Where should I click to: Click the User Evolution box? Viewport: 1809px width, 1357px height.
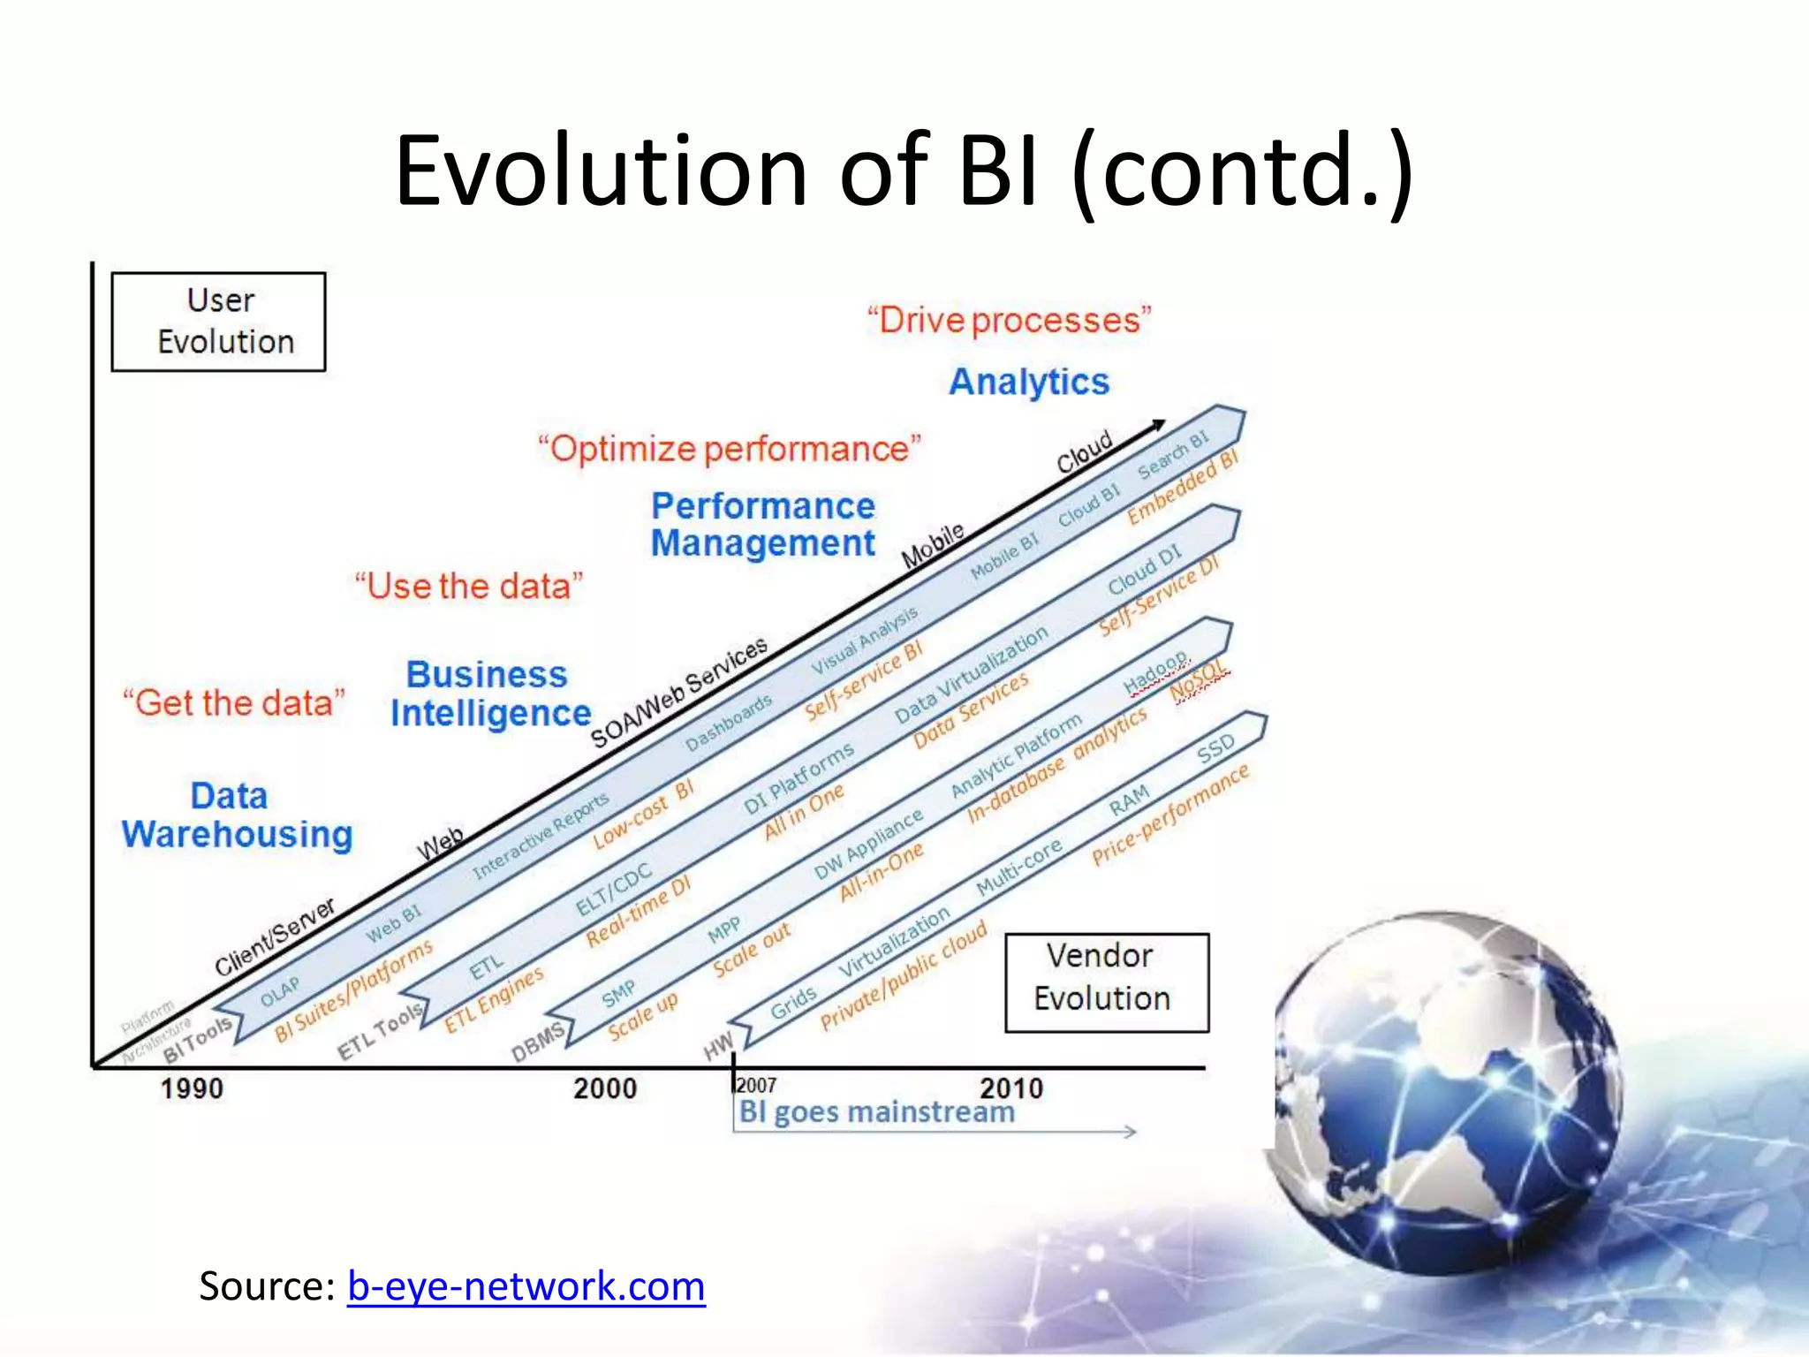pyautogui.click(x=218, y=322)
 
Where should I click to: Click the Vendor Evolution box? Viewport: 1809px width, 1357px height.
pyautogui.click(x=1107, y=982)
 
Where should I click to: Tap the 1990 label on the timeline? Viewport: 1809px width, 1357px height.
pyautogui.click(x=192, y=1088)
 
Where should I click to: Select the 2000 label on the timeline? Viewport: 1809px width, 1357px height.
pyautogui.click(x=605, y=1088)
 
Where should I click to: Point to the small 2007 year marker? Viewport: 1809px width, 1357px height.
pyautogui.click(x=757, y=1085)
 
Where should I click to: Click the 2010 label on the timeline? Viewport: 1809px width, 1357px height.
pyautogui.click(x=1011, y=1088)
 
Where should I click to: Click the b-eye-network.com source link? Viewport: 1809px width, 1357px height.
pyautogui.click(x=526, y=1285)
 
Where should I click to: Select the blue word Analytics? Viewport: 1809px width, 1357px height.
pyautogui.click(x=1029, y=382)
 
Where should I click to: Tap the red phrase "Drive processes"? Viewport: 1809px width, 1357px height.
pyautogui.click(x=1010, y=320)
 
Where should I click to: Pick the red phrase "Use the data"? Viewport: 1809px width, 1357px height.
pyautogui.click(x=469, y=587)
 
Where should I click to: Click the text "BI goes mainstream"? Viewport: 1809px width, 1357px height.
pyautogui.click(x=876, y=1111)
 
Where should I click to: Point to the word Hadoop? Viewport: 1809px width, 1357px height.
pyautogui.click(x=1155, y=673)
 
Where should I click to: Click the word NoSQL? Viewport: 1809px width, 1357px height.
pyautogui.click(x=1200, y=680)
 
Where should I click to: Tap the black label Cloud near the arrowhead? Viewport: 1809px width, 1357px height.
pyautogui.click(x=1085, y=451)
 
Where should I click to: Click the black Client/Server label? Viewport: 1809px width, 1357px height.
pyautogui.click(x=276, y=936)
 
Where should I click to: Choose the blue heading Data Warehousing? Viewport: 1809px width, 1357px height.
pyautogui.click(x=237, y=815)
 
